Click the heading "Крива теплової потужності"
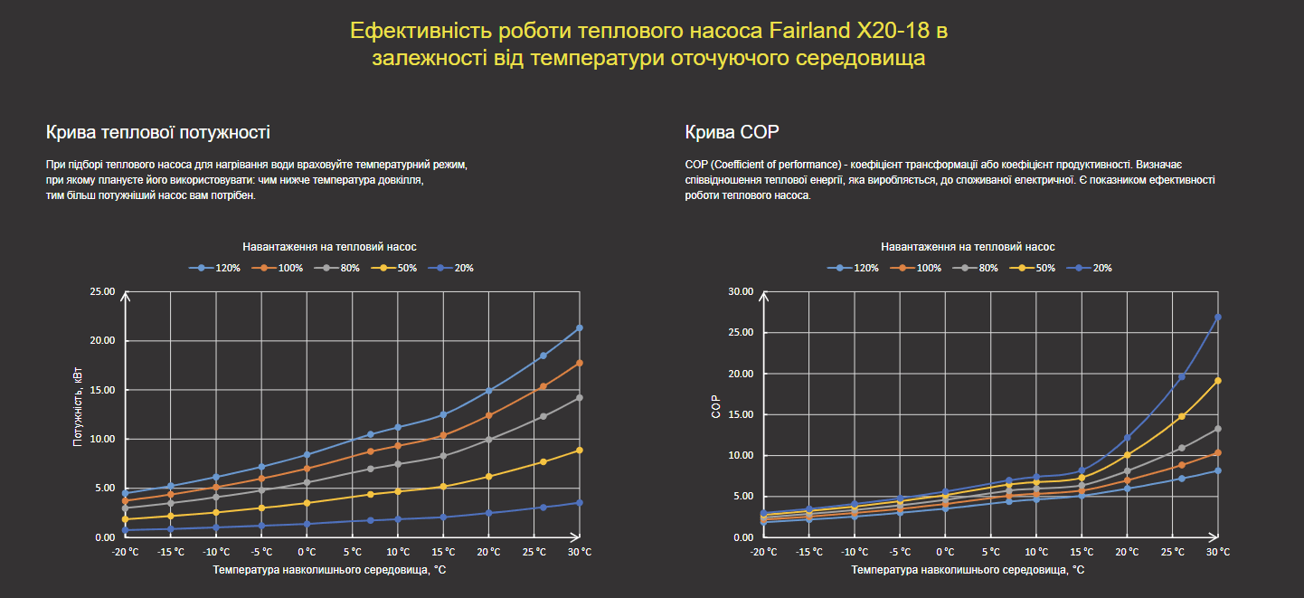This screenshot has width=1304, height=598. point(157,133)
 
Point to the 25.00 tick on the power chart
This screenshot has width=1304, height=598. point(102,292)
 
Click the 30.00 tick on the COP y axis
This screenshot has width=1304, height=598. point(741,292)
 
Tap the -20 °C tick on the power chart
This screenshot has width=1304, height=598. point(125,551)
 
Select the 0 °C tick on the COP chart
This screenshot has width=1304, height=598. point(945,551)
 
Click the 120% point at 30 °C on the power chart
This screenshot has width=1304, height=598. point(580,327)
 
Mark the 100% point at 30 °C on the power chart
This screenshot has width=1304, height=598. point(580,363)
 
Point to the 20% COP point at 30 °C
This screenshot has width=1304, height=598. point(1218,317)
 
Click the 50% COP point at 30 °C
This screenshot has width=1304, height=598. point(1218,381)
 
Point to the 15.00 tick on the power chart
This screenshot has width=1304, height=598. point(102,390)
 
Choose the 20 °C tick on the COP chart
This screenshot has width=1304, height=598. point(1127,551)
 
